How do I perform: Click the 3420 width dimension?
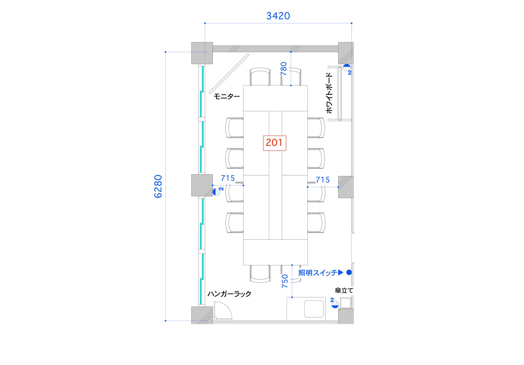(x=278, y=16)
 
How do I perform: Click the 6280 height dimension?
(x=158, y=186)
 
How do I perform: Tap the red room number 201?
(x=274, y=143)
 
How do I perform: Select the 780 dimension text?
(x=283, y=69)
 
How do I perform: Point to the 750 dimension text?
(x=285, y=281)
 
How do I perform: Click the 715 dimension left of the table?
(x=228, y=178)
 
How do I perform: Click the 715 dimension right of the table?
(x=323, y=180)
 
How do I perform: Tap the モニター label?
(x=227, y=96)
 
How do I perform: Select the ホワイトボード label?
(x=330, y=93)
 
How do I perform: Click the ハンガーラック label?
(x=229, y=294)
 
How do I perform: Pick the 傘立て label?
(x=344, y=290)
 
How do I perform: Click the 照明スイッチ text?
(x=318, y=273)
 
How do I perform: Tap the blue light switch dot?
(x=349, y=272)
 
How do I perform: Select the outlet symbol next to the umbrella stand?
(x=335, y=304)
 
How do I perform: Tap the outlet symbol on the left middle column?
(x=216, y=191)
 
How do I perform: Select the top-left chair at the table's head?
(x=260, y=76)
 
